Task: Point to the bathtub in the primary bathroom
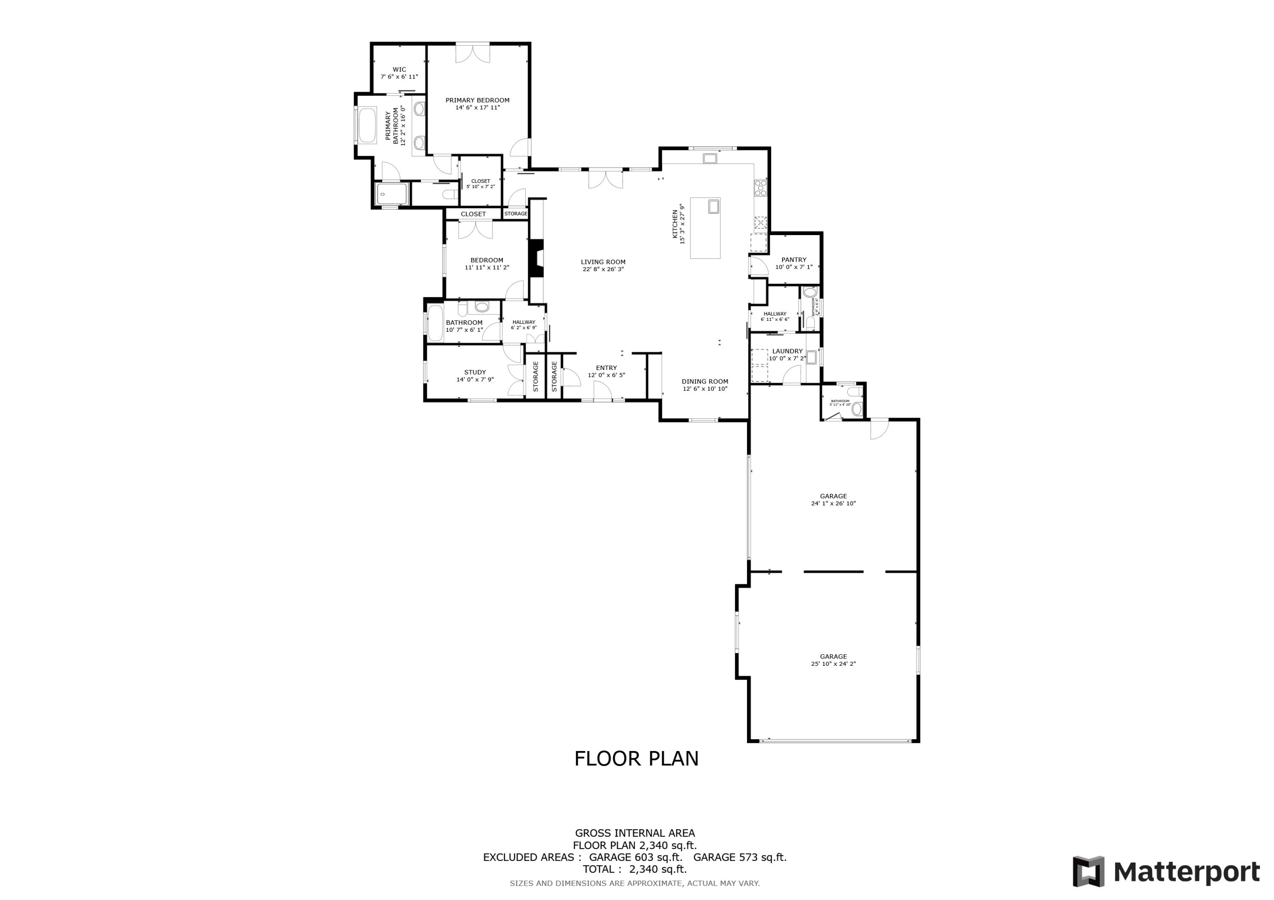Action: [x=367, y=125]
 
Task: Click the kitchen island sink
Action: [x=713, y=207]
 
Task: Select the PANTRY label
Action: [x=793, y=260]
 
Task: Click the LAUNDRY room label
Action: [x=787, y=351]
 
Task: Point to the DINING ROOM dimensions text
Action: [x=705, y=389]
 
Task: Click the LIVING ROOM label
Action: [x=603, y=262]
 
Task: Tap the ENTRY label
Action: [x=606, y=367]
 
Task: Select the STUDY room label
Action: [x=475, y=372]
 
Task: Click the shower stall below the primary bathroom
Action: [x=392, y=194]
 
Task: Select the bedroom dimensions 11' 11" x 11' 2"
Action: [x=487, y=267]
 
